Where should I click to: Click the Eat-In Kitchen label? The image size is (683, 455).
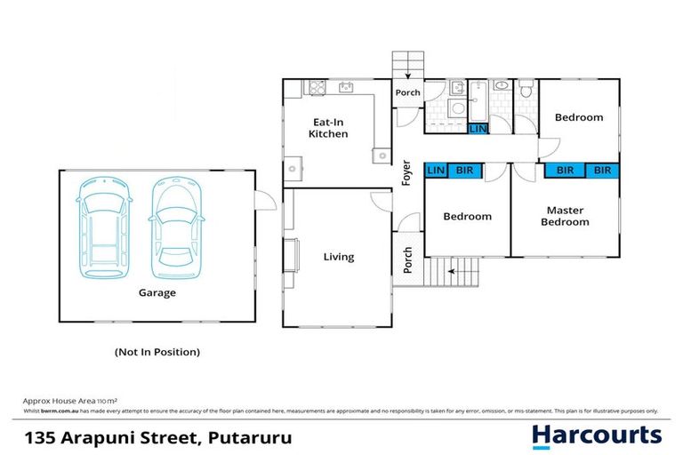coord(328,128)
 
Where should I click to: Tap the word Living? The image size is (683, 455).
coord(338,257)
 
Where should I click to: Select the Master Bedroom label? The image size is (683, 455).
coord(565,216)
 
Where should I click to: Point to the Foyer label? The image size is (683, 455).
coord(407,172)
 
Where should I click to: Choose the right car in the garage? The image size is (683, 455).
coord(174,227)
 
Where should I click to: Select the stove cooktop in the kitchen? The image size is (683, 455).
coord(317,87)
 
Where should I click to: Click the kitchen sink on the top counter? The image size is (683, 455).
coord(346,87)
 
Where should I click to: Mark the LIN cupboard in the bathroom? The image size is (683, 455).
coord(478,129)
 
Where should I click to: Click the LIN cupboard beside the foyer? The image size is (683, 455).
coord(436,170)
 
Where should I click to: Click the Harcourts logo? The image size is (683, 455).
coord(596,435)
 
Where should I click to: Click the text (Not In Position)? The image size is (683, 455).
coord(157,352)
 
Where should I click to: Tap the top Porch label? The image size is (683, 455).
coord(407,92)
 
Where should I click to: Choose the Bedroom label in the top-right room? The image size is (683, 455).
coord(579,117)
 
